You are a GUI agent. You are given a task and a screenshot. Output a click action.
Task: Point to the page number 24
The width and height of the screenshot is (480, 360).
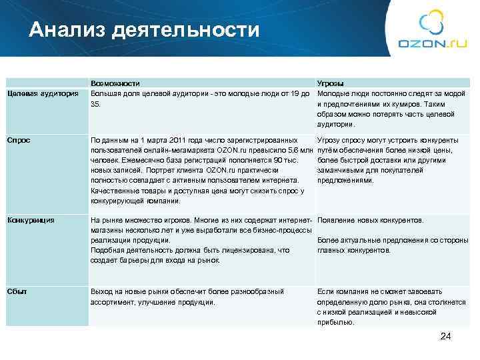(446, 337)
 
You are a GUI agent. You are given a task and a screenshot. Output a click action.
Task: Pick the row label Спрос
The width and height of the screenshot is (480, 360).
(18, 140)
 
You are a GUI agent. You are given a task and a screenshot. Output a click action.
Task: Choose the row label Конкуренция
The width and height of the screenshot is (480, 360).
(31, 219)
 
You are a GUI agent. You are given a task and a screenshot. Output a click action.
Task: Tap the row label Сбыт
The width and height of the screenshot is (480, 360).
(17, 291)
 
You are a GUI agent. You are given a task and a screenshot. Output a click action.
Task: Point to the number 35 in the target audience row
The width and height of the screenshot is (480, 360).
(95, 103)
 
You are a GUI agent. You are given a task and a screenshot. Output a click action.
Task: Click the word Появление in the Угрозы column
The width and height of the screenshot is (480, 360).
(338, 220)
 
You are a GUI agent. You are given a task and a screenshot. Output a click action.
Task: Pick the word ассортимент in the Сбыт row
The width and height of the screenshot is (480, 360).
(112, 302)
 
